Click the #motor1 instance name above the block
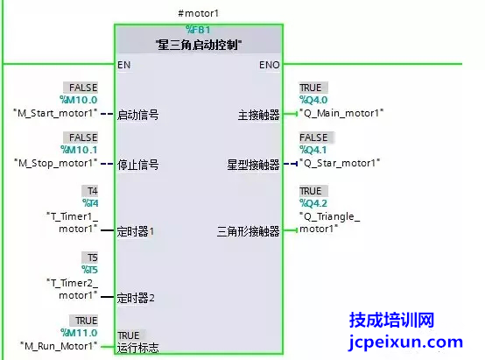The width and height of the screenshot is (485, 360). point(198,13)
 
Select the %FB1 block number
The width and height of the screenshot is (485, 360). point(198,30)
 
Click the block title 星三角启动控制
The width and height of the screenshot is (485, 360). point(199,45)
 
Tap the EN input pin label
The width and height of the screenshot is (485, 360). point(124,65)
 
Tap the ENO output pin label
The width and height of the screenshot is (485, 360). point(270,65)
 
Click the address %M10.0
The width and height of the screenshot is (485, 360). point(79,100)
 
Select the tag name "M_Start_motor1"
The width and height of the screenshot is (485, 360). point(55,113)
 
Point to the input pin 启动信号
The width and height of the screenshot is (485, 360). point(138,115)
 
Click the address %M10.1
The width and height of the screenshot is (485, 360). point(79,150)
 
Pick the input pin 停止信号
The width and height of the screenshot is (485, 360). point(138,165)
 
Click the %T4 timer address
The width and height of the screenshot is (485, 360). point(90,203)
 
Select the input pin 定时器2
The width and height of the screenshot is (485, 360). point(136,298)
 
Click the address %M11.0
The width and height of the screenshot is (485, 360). point(79,333)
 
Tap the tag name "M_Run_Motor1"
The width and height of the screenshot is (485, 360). point(59,346)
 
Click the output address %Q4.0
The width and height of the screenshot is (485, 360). point(313,100)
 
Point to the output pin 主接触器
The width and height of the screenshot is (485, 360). point(259,115)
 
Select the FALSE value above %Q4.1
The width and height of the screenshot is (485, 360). point(313,138)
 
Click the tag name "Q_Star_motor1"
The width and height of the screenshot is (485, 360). point(340,163)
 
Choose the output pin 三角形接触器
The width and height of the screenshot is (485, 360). point(249,231)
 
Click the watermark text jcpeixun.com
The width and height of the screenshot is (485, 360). point(405,342)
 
